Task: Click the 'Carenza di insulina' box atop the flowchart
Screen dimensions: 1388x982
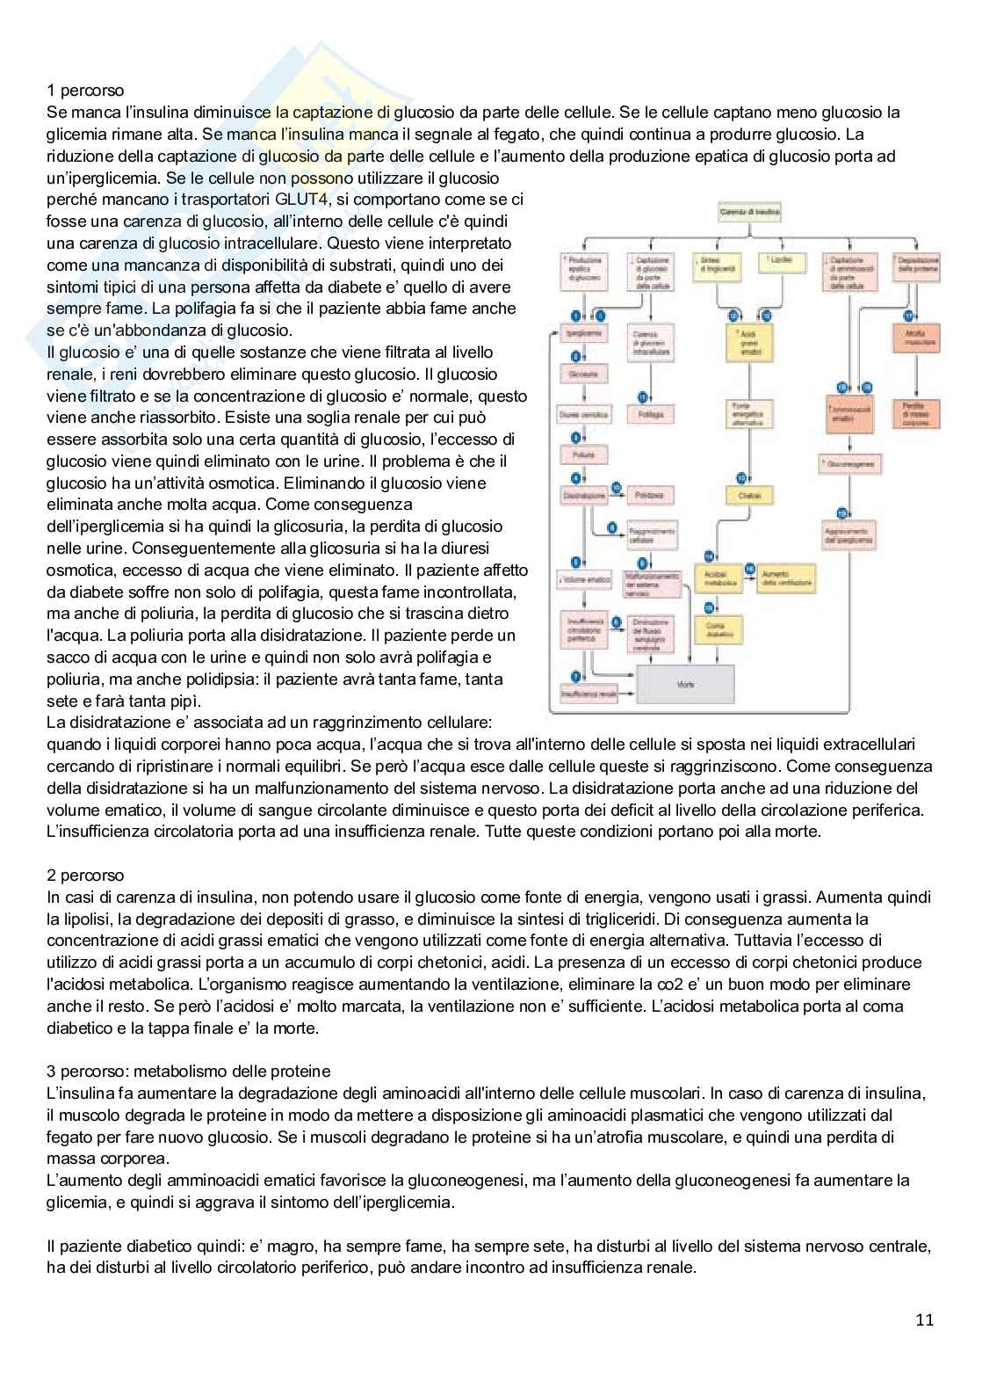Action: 749,212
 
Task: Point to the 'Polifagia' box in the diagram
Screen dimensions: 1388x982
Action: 651,413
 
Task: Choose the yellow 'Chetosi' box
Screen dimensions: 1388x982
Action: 749,496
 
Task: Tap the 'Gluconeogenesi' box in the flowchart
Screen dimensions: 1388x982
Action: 849,463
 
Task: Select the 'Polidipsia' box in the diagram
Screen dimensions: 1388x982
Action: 651,496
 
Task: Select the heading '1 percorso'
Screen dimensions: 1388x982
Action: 85,91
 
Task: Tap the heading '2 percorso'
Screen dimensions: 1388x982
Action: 85,876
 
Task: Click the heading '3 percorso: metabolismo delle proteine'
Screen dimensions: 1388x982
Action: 188,1071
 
